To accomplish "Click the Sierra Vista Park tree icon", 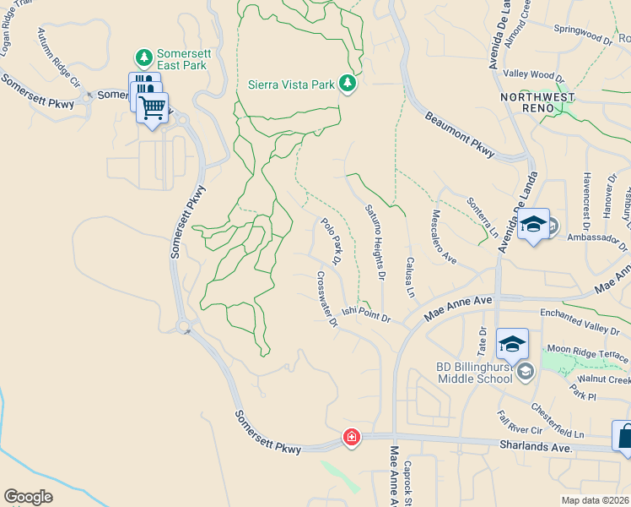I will pos(347,83).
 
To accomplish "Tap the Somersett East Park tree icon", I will pos(144,57).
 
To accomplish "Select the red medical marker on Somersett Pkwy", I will pos(351,438).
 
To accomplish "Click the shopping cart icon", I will pos(153,107).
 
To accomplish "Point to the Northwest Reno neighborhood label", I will pos(537,97).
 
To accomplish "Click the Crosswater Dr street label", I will pos(327,298).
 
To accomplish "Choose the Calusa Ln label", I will pos(410,277).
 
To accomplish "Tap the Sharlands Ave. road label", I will pos(534,445).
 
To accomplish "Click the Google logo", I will pos(28,497).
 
